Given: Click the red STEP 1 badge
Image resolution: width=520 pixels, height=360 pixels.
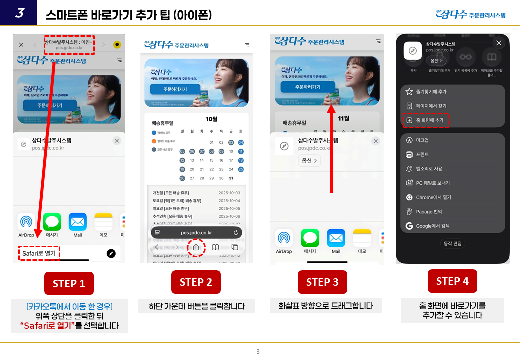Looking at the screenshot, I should [x=69, y=284].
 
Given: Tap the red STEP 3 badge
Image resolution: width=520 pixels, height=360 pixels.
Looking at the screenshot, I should [x=322, y=282].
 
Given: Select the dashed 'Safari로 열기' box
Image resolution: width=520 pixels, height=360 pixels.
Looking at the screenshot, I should [x=39, y=254].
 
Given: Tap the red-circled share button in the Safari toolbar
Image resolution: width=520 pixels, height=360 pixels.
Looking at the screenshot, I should [x=196, y=247].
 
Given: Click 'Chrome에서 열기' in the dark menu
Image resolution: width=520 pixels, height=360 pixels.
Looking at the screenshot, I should [x=433, y=197].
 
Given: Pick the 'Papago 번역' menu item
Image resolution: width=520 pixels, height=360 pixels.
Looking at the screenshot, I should [x=429, y=212].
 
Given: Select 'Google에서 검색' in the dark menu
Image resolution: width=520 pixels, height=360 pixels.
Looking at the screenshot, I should [x=432, y=226].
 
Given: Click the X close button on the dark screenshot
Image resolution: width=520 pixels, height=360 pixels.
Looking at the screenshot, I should [x=498, y=43].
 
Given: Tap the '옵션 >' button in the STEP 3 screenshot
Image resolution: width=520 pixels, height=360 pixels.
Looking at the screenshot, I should [x=309, y=161].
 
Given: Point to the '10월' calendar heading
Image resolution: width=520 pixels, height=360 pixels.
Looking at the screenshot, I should [x=211, y=119].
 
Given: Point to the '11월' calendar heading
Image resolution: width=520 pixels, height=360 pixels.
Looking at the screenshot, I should [x=344, y=119].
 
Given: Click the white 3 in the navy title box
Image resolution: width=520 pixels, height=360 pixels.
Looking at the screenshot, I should [x=19, y=13].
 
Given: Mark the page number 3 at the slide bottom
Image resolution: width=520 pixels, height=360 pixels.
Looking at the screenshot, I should [x=258, y=352].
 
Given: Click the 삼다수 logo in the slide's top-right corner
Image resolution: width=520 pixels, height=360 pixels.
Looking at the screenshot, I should [x=470, y=15].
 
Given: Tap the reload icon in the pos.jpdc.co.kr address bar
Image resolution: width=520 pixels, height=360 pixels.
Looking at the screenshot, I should [x=236, y=233].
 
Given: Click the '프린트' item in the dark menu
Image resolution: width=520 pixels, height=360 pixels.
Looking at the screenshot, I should [x=422, y=155].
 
